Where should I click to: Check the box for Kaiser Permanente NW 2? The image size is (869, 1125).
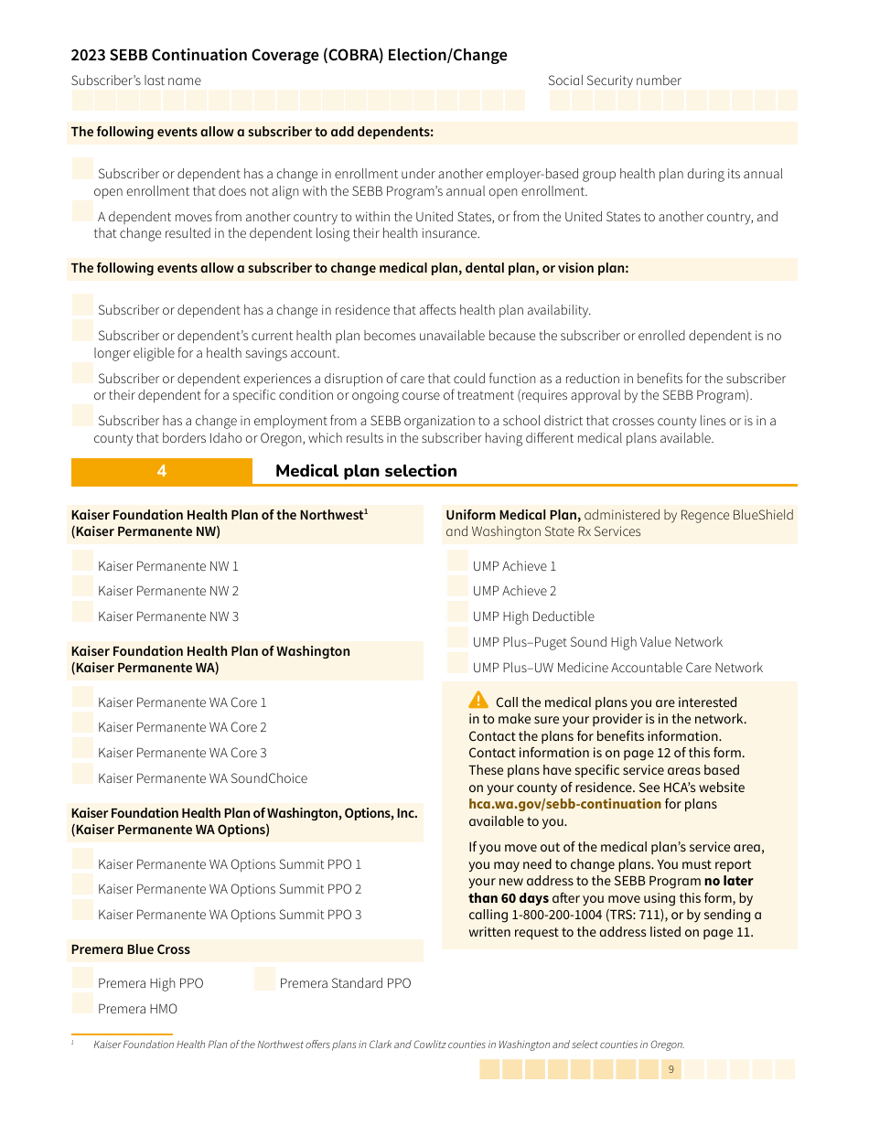coord(82,588)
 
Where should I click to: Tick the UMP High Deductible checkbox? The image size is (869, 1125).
coord(457,614)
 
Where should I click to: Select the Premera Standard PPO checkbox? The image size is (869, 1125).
coord(264,980)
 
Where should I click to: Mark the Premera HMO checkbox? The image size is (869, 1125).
coord(82,1005)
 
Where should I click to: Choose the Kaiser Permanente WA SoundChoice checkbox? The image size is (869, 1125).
coord(82,776)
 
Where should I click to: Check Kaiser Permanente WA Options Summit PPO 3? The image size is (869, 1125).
coord(82,912)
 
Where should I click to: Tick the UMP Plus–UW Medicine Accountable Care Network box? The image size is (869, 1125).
coord(457,665)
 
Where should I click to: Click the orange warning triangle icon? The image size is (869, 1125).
coord(478,701)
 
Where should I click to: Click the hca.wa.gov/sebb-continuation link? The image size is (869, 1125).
coord(564,804)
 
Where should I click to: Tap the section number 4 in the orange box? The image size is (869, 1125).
coord(162,471)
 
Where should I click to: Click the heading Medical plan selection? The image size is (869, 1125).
coord(366,471)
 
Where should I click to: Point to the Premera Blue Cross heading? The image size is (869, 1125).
coord(131,949)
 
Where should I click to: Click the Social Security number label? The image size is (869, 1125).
coord(614,80)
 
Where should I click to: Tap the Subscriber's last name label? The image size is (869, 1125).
coord(135,80)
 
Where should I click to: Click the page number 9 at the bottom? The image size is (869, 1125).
coord(671,1069)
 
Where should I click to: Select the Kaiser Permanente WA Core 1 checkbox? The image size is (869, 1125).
coord(82,700)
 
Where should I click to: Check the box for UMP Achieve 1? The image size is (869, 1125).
coord(457,563)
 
